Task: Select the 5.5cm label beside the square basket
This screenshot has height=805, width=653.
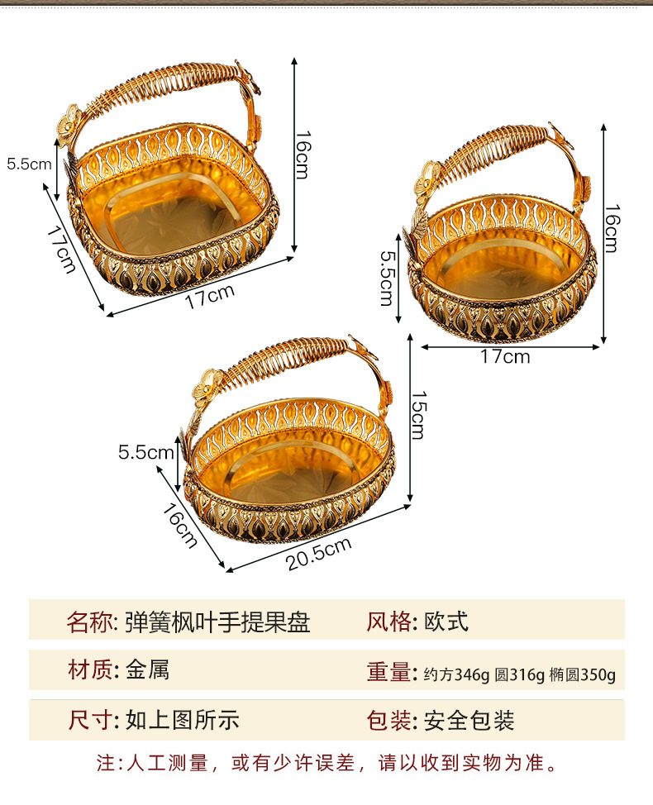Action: [x=29, y=164]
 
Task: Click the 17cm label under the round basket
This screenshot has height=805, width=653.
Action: [x=505, y=357]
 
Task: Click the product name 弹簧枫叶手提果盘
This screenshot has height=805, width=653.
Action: [x=217, y=622]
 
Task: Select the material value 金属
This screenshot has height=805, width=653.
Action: [x=148, y=670]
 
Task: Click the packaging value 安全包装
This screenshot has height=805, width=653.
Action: [x=469, y=720]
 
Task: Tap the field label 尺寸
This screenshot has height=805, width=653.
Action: [x=88, y=720]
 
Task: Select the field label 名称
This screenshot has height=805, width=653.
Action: [x=88, y=622]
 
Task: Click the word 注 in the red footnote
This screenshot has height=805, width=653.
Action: [x=104, y=763]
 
